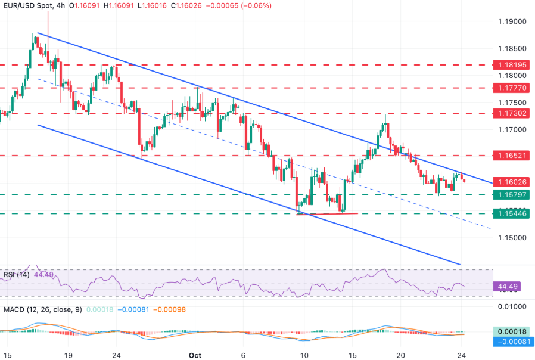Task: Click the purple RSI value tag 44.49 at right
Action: (507, 286)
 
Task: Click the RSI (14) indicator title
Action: (15, 275)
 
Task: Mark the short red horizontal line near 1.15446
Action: (327, 213)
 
